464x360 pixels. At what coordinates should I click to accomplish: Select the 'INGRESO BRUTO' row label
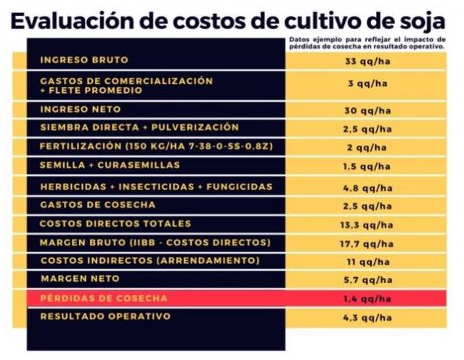pos(84,60)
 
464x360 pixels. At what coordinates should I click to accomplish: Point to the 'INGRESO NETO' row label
pos(81,109)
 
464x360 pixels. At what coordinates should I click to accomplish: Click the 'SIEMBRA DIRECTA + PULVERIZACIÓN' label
pos(139,127)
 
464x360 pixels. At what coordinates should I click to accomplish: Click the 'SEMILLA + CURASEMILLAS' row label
pos(110,165)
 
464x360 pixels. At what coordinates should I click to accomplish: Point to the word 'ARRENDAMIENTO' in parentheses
pos(213,260)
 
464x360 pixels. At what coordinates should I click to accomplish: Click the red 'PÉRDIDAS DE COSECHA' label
pos(104,298)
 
